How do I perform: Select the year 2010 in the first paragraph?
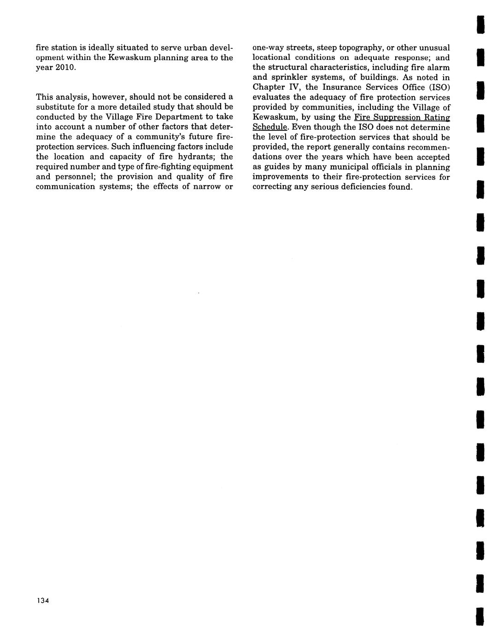tap(64, 68)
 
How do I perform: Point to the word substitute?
tap(57, 107)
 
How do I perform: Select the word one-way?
tap(268, 47)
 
